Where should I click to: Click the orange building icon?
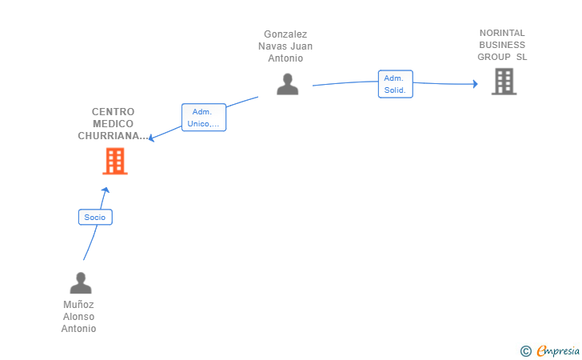115,162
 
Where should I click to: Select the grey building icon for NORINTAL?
504,82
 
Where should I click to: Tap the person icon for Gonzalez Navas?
287,84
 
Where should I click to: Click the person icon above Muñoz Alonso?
81,283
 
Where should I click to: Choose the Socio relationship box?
95,218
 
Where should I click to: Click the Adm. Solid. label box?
395,84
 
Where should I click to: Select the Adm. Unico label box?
204,118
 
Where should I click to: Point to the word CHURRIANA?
109,136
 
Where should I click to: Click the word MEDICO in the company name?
113,124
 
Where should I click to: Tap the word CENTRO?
113,112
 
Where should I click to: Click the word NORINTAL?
502,33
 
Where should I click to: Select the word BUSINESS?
502,45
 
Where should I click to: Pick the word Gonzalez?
285,34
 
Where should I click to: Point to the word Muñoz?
78,305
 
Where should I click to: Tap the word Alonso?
78,317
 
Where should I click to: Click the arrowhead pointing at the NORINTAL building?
476,84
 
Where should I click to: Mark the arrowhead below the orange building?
106,190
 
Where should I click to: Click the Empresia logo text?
558,350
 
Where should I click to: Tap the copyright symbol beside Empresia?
525,351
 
